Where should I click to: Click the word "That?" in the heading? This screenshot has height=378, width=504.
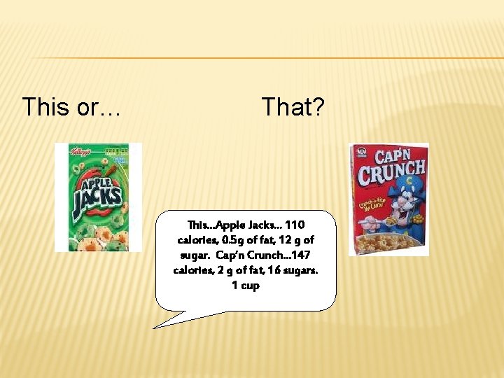(x=293, y=107)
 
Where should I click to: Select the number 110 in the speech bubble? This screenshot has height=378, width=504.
(x=295, y=225)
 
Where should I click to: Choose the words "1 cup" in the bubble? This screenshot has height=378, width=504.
(x=245, y=286)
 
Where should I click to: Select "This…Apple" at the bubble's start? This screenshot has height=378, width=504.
(x=213, y=225)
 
